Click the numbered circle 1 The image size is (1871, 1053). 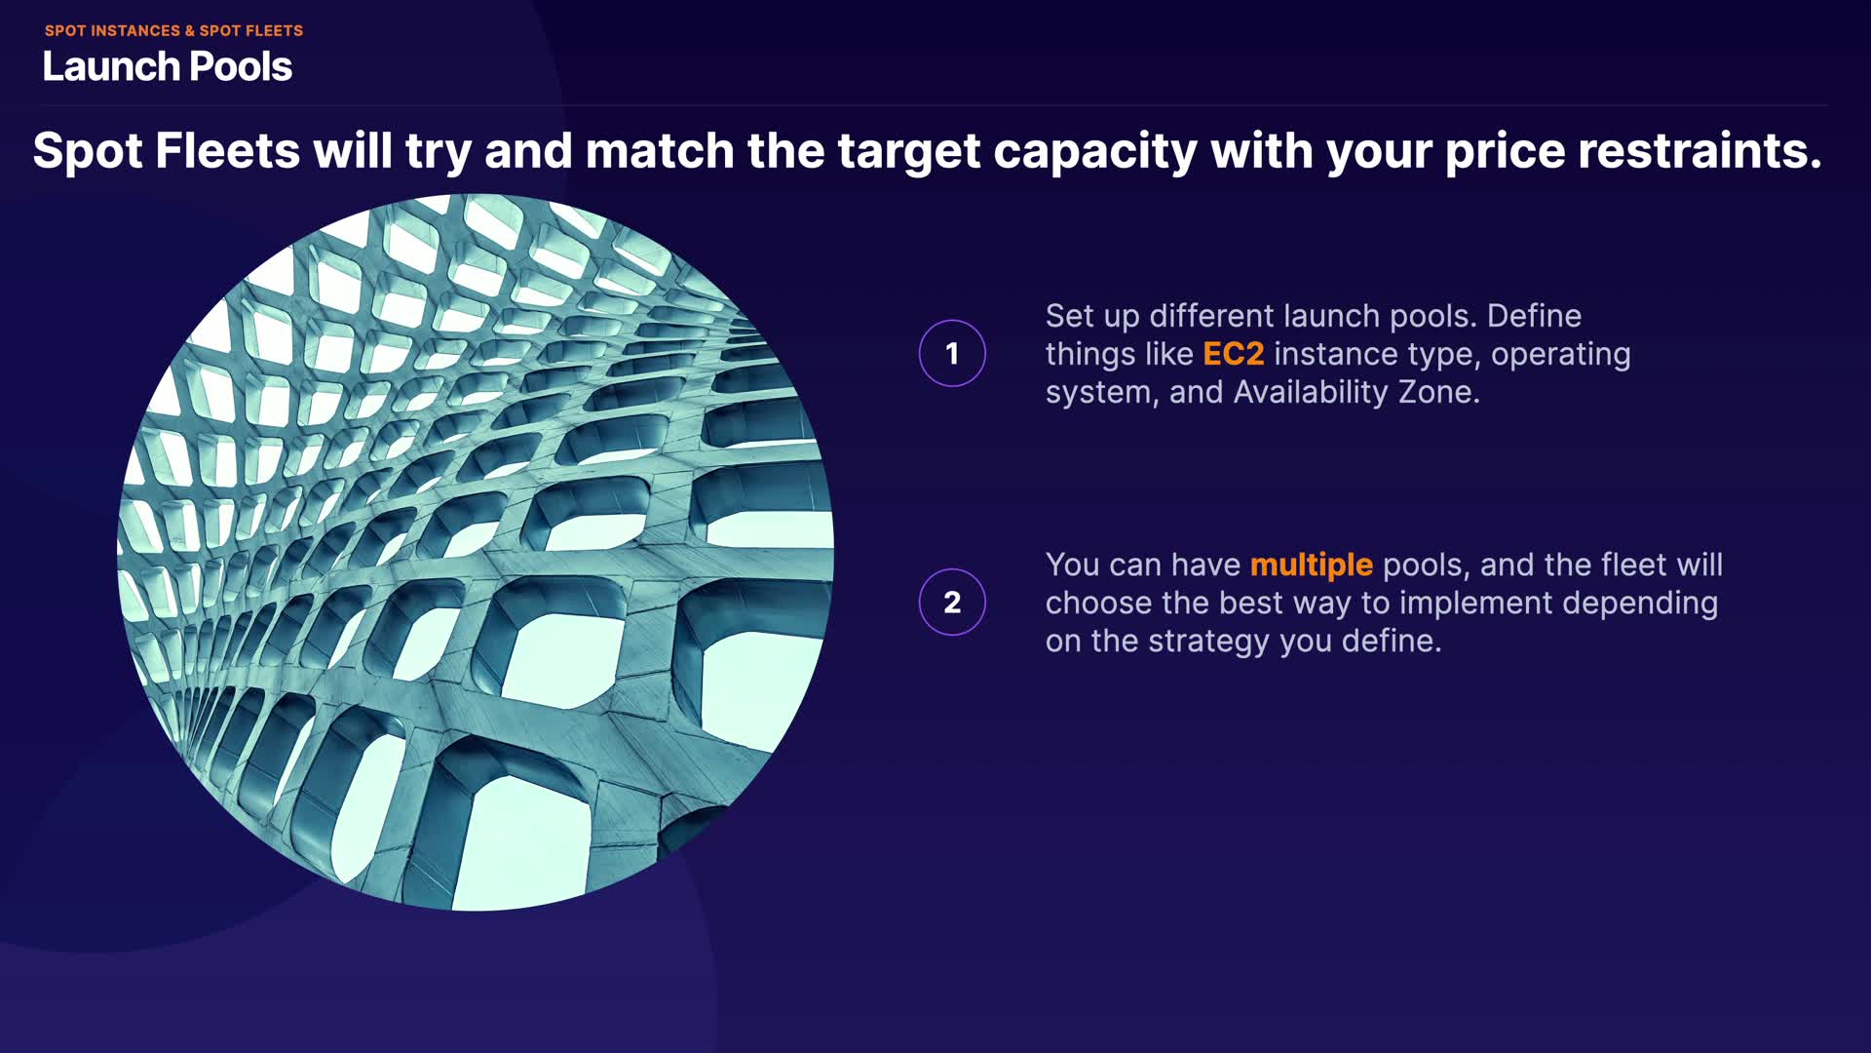click(952, 353)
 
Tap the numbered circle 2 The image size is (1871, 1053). click(952, 602)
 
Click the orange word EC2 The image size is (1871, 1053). click(1233, 354)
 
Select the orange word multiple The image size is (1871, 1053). click(1311, 565)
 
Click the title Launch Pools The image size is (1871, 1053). click(167, 66)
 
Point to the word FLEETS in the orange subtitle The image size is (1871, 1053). click(274, 31)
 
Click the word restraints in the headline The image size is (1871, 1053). click(1699, 151)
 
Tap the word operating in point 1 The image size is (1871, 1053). click(1561, 355)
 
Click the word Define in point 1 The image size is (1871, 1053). click(1534, 316)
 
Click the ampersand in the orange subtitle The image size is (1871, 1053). click(190, 31)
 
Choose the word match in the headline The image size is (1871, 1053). click(660, 151)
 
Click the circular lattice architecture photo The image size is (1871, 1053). click(476, 552)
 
